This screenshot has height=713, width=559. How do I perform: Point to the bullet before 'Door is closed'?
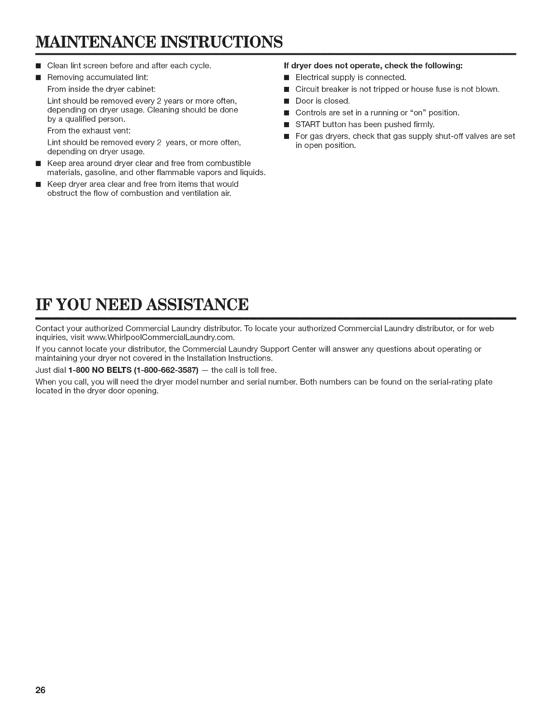[286, 101]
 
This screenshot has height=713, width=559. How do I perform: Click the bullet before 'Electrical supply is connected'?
[286, 77]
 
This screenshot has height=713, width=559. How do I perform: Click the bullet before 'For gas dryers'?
[286, 136]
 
